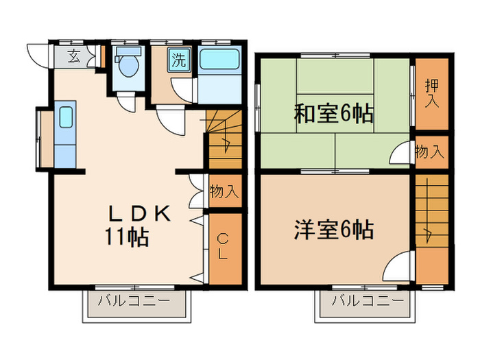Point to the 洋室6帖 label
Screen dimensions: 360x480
(x=334, y=230)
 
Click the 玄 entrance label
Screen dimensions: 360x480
(x=73, y=57)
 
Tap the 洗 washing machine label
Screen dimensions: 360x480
(x=178, y=60)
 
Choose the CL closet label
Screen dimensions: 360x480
(x=224, y=247)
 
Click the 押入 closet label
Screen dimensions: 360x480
(x=431, y=94)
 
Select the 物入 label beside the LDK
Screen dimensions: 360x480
(x=224, y=191)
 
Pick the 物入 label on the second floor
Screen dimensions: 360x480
(x=430, y=152)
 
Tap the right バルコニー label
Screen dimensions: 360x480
(x=367, y=300)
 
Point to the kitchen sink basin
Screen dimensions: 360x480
(x=66, y=117)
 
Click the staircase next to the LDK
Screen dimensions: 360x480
(x=224, y=141)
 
